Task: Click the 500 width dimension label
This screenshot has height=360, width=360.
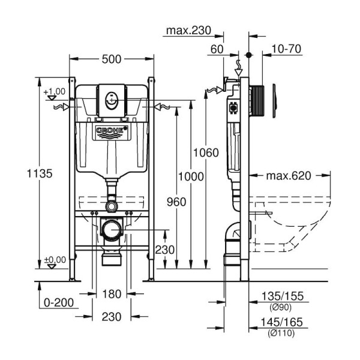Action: pos(112,59)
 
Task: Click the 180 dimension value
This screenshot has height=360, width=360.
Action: pos(112,294)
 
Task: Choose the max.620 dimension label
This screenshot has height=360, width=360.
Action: pos(289,176)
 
